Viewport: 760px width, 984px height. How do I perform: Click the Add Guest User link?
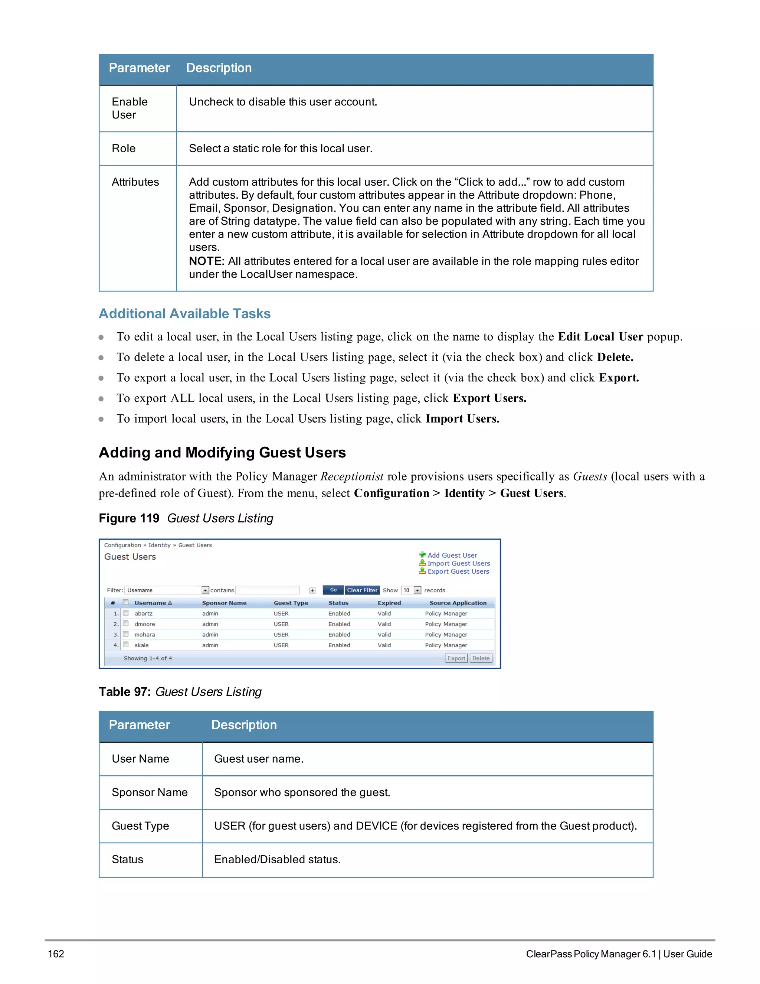point(452,555)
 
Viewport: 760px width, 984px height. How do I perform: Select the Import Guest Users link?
point(458,563)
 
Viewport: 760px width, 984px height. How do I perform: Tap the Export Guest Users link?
point(458,571)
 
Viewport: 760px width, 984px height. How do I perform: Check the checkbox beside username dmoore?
point(126,623)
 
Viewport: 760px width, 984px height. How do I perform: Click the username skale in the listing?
point(141,645)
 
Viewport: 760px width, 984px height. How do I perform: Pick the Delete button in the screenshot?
point(481,658)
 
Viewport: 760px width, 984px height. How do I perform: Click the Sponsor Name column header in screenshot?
point(224,603)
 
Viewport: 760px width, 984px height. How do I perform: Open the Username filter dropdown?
point(205,590)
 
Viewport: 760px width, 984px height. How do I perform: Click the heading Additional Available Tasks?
point(184,314)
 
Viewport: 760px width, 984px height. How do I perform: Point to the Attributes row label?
point(135,182)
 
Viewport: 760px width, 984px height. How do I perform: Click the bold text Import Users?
point(462,418)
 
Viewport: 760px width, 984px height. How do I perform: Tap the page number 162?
point(56,954)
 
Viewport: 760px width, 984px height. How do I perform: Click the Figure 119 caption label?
point(129,518)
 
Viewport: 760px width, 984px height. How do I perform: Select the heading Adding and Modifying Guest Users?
point(222,452)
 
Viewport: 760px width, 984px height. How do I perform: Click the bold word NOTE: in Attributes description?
point(206,261)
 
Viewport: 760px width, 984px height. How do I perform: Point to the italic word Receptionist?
point(352,476)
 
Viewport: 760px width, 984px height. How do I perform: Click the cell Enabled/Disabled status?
point(277,860)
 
